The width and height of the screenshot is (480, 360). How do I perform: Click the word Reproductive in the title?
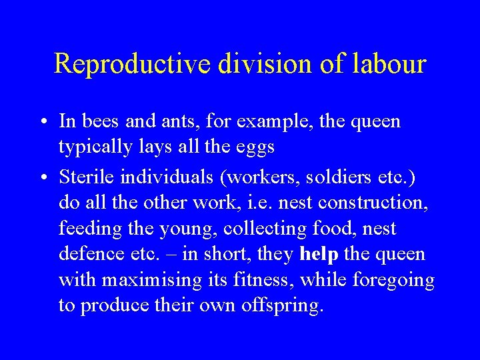(x=132, y=64)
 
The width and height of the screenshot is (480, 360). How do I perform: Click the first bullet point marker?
(x=41, y=122)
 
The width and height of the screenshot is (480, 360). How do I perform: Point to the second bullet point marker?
(x=41, y=177)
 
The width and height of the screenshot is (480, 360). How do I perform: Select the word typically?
(x=95, y=147)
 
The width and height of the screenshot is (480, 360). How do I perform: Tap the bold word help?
(x=319, y=254)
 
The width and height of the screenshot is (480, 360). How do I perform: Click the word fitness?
(x=262, y=280)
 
